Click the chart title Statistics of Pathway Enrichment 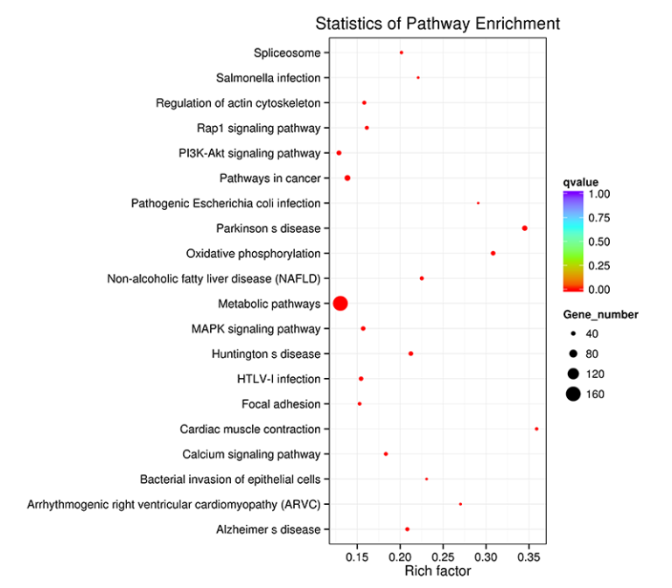pos(437,24)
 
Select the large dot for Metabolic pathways pos(340,304)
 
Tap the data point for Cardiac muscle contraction pos(536,429)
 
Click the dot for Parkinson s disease pos(524,228)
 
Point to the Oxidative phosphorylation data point pos(493,254)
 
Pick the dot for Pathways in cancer pos(347,178)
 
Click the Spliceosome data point pos(402,52)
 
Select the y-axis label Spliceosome pos(287,53)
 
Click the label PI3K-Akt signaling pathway pos(249,154)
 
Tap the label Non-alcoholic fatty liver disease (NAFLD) pos(213,279)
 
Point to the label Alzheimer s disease pos(269,530)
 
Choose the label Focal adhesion pos(281,404)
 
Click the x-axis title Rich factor pos(437,571)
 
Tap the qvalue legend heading pos(580,182)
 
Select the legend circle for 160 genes pos(572,395)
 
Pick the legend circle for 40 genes pos(572,334)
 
